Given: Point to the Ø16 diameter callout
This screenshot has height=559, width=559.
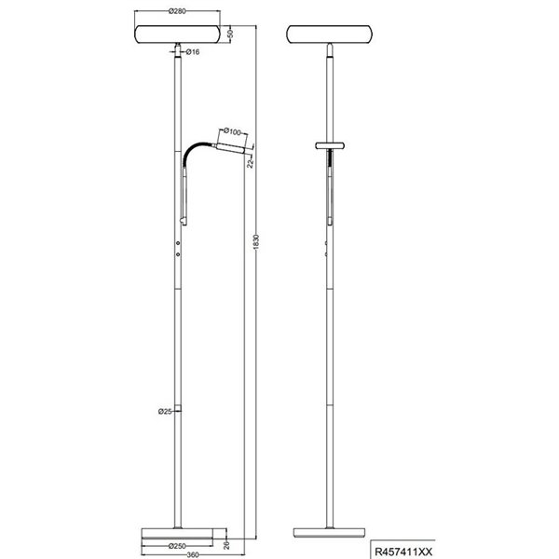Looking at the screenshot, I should point(193,52).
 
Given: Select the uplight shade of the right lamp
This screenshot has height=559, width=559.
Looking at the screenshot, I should point(331,34).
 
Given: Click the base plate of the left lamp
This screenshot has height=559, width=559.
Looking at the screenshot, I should point(176,535).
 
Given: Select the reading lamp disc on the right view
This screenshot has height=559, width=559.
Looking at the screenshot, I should point(331,146).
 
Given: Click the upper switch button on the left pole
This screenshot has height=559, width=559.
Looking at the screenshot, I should point(178,240).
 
